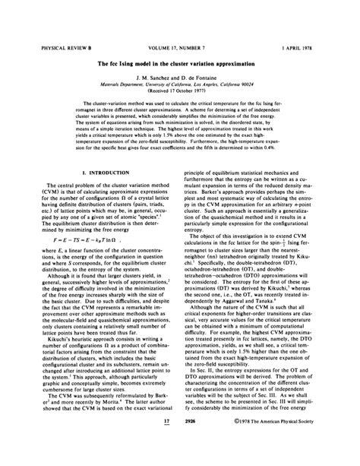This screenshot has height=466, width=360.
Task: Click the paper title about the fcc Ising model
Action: tap(179, 63)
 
